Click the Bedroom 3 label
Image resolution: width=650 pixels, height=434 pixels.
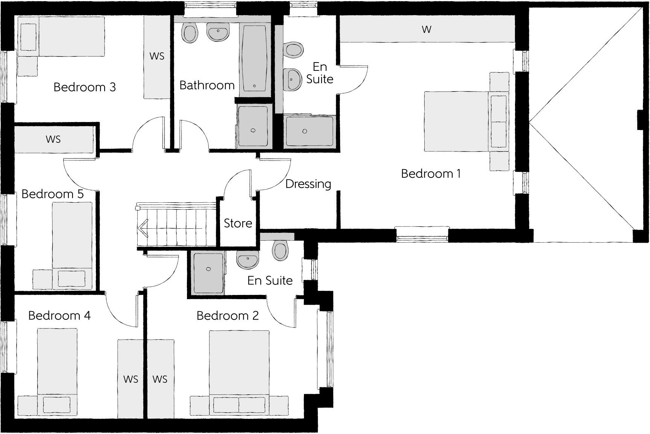(x=85, y=87)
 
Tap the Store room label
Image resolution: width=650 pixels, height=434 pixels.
(x=238, y=223)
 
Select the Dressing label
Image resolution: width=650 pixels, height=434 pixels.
(x=308, y=184)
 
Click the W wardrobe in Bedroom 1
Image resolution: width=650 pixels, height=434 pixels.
(x=427, y=29)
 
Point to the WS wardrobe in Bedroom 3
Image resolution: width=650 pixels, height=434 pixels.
(x=157, y=57)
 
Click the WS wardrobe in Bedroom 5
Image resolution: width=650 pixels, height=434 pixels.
(x=53, y=139)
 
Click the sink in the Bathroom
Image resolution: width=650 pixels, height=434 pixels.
(x=218, y=33)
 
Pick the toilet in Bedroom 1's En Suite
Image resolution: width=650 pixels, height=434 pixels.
(x=294, y=49)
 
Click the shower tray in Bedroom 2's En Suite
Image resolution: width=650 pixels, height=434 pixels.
(x=208, y=273)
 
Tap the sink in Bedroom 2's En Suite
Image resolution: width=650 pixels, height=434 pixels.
(x=247, y=260)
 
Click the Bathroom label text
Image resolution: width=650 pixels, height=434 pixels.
(x=207, y=85)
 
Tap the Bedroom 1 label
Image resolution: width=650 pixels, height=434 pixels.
(x=431, y=174)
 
